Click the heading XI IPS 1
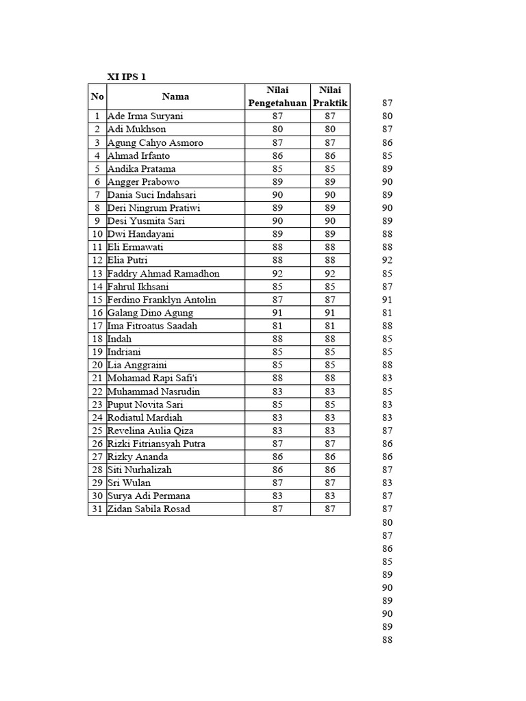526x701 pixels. (x=126, y=77)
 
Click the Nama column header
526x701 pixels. (x=175, y=97)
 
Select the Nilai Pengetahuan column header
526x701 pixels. (x=277, y=97)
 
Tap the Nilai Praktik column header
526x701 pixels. (x=330, y=97)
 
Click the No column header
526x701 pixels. (x=97, y=97)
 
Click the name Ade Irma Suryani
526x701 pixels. (x=145, y=116)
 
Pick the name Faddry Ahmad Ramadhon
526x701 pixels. (x=164, y=274)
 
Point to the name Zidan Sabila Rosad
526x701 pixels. (x=149, y=509)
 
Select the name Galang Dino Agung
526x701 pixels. (x=150, y=313)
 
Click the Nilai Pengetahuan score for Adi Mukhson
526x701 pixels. (x=277, y=129)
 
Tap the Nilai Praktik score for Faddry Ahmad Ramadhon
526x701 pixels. (x=330, y=274)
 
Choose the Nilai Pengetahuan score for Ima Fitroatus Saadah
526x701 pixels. (x=277, y=326)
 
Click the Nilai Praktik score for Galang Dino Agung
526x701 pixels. (x=330, y=313)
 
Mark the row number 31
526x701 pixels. (x=97, y=509)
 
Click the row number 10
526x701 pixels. (x=97, y=234)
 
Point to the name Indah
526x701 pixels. (x=120, y=339)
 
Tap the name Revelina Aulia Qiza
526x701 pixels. (x=150, y=431)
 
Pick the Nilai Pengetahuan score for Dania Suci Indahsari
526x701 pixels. (x=277, y=195)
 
